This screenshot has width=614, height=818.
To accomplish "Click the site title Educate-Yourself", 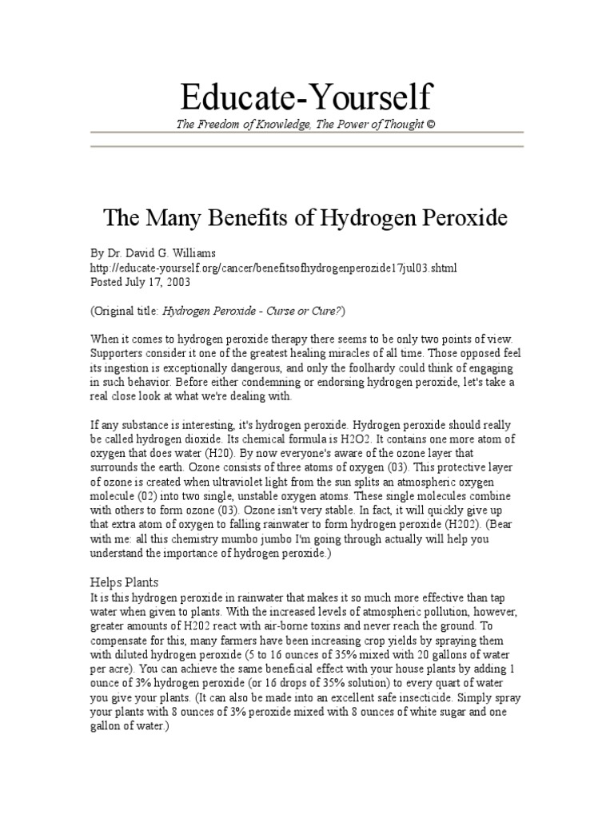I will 307,97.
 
